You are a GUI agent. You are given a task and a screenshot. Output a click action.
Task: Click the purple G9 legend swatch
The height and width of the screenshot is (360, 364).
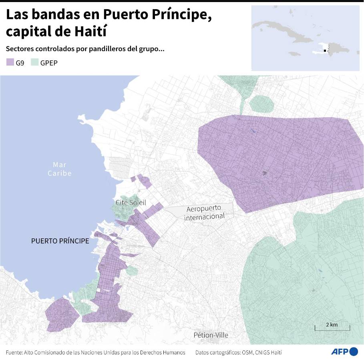pos(10,62)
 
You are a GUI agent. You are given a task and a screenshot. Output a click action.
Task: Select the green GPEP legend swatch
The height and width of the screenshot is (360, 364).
pos(34,62)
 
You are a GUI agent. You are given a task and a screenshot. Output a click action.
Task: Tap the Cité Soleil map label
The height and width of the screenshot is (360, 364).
pos(131,203)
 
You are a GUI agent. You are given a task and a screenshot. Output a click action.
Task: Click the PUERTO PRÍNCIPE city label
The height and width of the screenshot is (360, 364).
pos(60,241)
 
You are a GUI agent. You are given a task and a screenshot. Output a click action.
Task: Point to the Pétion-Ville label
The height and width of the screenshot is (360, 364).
pos(211,335)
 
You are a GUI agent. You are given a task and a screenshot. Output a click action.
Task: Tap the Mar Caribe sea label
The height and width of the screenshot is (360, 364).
pos(60,169)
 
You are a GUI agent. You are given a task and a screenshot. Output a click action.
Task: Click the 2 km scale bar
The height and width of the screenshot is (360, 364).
pos(332,328)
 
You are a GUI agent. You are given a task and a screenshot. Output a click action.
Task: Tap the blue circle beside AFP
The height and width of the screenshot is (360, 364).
pos(354,352)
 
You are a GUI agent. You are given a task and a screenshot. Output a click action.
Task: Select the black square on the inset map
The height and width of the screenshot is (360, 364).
pos(325,51)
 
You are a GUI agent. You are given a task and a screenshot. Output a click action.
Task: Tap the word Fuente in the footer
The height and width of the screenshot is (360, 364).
pos(14,352)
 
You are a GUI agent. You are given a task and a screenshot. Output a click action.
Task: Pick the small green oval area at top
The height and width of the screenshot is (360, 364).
pos(261,104)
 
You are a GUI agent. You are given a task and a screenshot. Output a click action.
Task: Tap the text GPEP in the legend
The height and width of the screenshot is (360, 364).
pos(49,63)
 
